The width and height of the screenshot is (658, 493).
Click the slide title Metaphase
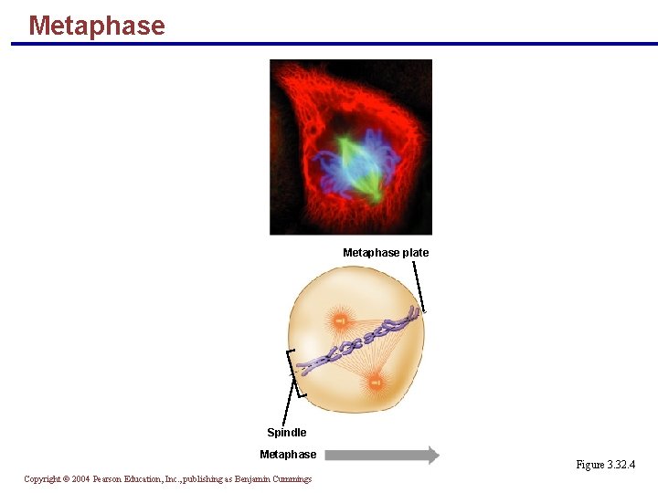coord(97,26)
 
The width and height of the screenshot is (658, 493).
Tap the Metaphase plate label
coord(385,253)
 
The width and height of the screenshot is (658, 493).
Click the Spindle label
coord(286,433)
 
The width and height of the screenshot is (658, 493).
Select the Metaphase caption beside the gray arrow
coord(288,455)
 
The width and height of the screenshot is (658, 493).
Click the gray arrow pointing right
coord(382,456)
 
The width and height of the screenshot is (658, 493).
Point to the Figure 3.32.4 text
coord(605,466)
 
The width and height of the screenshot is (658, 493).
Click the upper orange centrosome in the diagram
coord(340,320)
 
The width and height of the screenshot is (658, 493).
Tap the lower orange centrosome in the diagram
coord(375,382)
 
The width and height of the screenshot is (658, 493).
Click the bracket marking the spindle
coord(292,373)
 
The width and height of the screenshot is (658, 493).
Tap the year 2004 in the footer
coord(80,479)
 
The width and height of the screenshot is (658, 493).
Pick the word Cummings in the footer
coord(291,479)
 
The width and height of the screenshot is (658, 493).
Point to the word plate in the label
coord(415,253)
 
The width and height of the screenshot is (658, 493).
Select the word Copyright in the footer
coord(42,479)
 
